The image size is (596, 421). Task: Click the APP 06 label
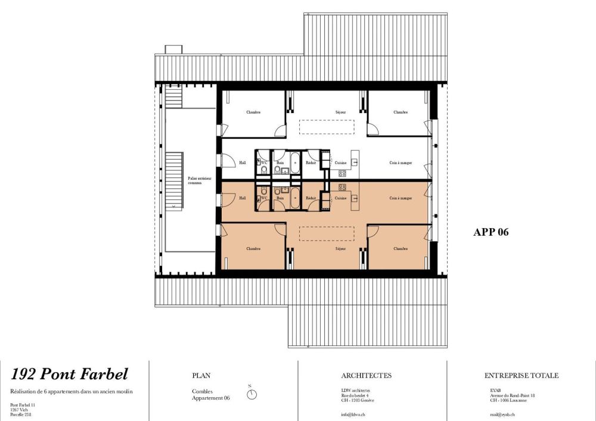coord(491,233)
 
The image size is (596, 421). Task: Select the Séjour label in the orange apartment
coord(340,248)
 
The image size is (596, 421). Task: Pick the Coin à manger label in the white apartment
coord(401,162)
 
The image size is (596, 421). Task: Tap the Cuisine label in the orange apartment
coord(341,198)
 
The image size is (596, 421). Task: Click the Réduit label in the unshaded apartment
coord(310,162)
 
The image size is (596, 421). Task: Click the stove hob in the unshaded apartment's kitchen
coord(343,173)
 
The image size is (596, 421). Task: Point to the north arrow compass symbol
coord(253,394)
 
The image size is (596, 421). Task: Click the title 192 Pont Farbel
coord(70,375)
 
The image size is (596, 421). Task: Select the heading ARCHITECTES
coord(367,376)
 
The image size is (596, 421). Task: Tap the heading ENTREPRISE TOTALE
coord(521,376)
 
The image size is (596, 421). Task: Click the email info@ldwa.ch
coord(353,414)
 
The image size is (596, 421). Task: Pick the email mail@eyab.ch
coord(502,414)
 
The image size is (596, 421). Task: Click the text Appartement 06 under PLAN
coord(210,398)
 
